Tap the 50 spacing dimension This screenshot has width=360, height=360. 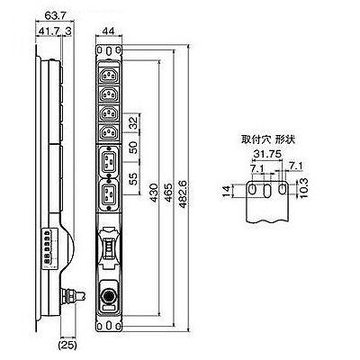133,147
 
